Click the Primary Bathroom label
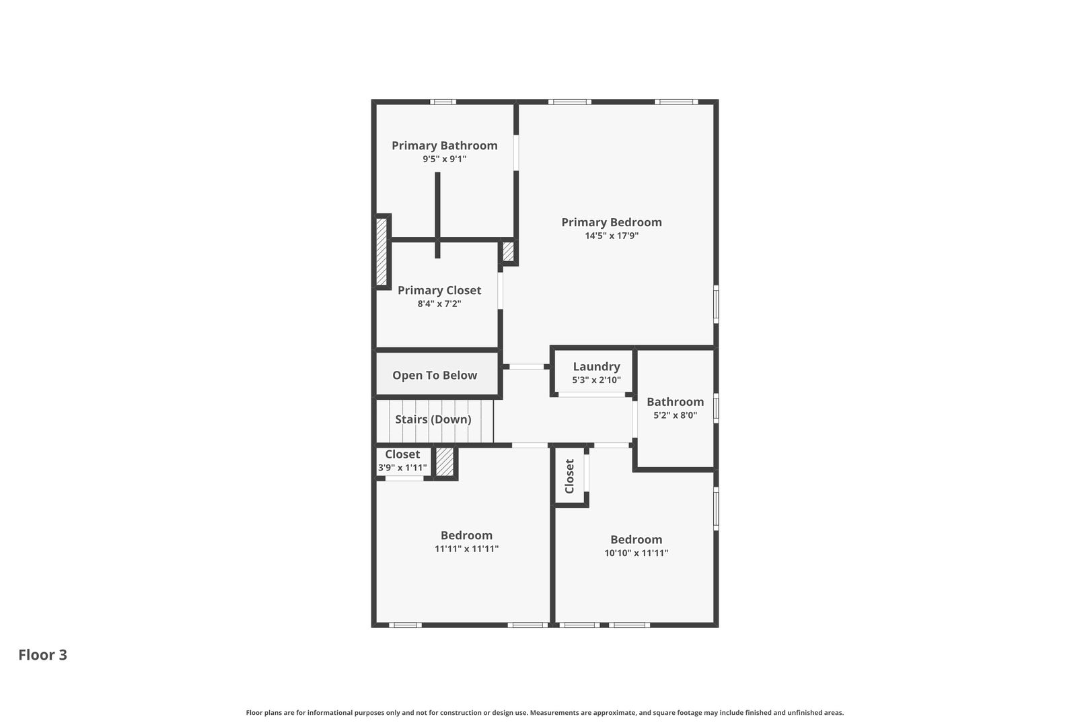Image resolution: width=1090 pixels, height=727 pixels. point(444,145)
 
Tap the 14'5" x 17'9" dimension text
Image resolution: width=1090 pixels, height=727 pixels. point(611,236)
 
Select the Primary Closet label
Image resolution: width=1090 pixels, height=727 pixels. point(439,290)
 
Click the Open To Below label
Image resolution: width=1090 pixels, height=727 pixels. point(435,376)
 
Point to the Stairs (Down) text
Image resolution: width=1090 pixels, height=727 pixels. point(433,419)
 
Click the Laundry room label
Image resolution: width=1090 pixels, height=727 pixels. point(596,367)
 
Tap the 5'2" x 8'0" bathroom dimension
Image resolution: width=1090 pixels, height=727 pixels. point(675,415)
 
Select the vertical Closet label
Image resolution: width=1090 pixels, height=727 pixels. point(570,476)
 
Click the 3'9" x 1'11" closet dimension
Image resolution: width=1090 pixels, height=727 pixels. point(402,467)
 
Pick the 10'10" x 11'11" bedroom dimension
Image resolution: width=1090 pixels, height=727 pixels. point(636,553)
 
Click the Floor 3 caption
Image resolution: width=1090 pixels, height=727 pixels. point(42,655)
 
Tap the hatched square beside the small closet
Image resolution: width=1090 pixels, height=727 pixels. point(445,462)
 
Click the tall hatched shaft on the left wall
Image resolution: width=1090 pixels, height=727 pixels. point(381,252)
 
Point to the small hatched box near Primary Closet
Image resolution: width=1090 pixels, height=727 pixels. point(509,252)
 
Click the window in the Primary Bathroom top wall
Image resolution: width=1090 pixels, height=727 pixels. point(443,102)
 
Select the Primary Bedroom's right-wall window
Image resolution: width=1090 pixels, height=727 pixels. point(716,304)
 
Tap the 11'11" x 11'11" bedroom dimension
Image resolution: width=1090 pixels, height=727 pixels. point(466,549)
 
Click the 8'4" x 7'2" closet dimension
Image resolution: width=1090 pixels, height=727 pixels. point(439,304)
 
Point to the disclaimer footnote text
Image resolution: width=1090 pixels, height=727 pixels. point(544,712)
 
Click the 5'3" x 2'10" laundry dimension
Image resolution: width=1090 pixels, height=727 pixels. point(596,380)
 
